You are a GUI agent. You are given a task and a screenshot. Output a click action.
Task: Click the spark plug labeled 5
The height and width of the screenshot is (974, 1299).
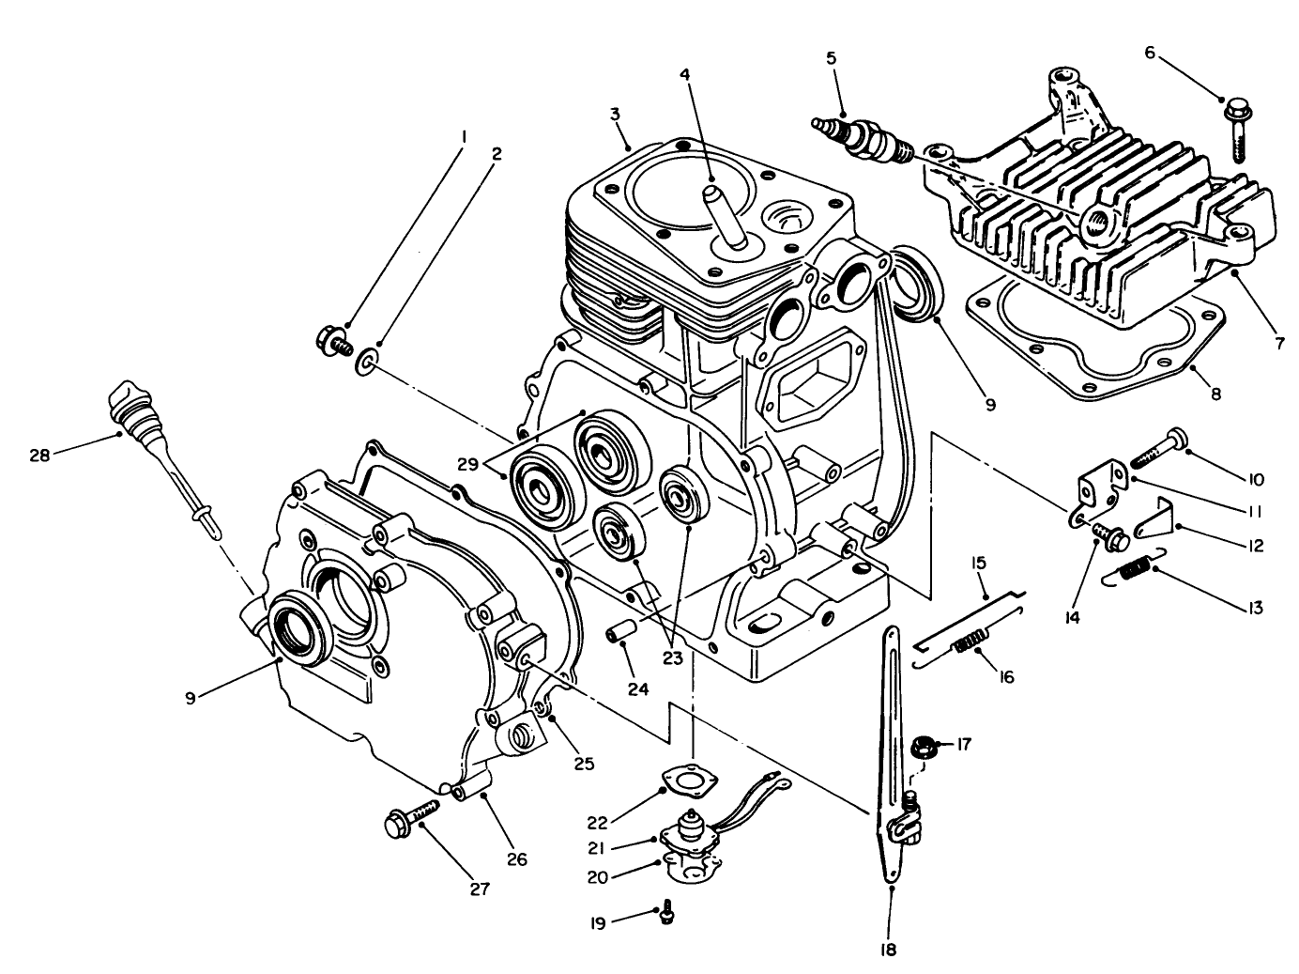[x=861, y=138]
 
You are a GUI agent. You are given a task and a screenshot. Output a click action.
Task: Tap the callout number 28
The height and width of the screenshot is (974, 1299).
[x=38, y=455]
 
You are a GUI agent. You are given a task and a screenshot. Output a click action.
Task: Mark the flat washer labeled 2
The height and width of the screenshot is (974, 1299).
[x=366, y=362]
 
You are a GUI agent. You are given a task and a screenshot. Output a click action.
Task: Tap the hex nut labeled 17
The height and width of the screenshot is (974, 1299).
[x=921, y=749]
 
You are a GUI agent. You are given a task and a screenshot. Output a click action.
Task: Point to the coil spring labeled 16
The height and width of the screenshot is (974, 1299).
[x=970, y=645]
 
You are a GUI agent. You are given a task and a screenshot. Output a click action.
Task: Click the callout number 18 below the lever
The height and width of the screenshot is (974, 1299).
[x=889, y=950]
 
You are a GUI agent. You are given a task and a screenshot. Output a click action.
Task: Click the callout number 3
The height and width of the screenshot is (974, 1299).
[x=614, y=115]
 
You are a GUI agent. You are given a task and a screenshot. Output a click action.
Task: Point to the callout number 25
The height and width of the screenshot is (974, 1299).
[x=584, y=764]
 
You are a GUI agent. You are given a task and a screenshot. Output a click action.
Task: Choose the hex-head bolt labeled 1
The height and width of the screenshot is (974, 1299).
[x=333, y=337]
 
